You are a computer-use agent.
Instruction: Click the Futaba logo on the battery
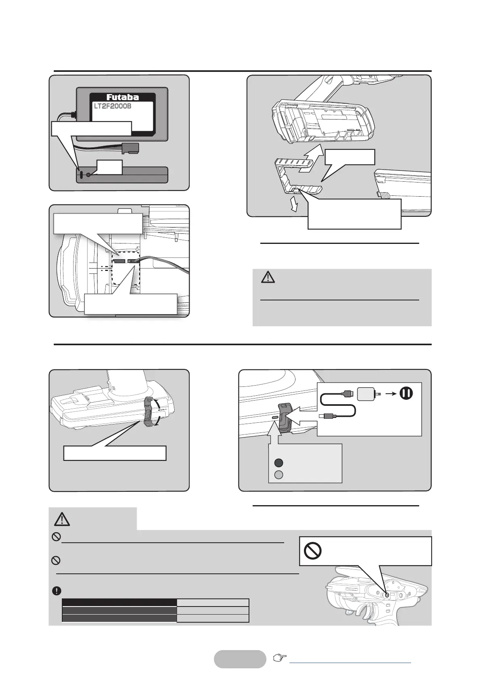click(122, 97)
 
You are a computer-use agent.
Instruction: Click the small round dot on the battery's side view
click(89, 175)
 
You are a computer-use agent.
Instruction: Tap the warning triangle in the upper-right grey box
click(268, 277)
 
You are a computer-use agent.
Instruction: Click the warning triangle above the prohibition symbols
click(62, 518)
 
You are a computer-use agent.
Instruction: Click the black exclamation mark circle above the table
click(57, 590)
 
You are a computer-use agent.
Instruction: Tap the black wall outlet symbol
click(407, 392)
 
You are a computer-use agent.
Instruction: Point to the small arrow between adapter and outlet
click(389, 392)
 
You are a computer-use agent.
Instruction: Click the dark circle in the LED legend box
click(278, 463)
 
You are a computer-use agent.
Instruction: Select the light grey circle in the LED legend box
click(278, 474)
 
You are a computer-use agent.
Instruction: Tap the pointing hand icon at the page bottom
click(278, 659)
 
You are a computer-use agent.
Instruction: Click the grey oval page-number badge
click(240, 659)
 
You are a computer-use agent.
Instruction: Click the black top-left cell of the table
click(119, 602)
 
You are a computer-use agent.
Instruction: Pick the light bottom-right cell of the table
click(213, 618)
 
